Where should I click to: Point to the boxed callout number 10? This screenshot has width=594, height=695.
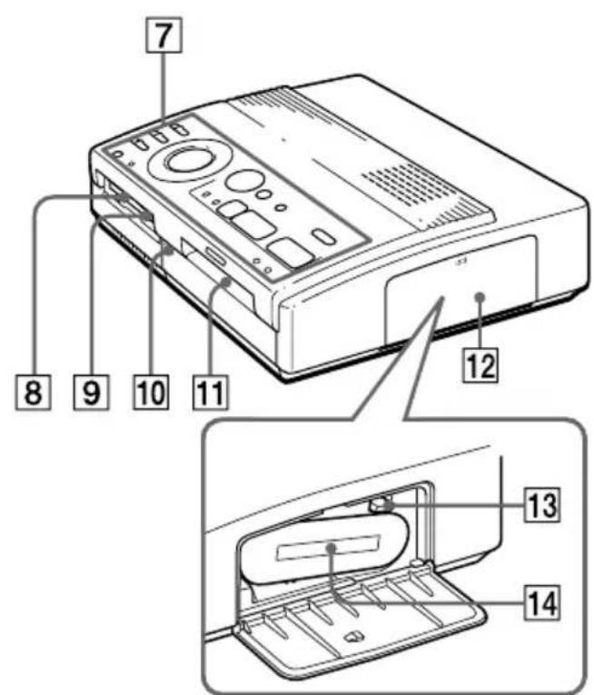pos(149,391)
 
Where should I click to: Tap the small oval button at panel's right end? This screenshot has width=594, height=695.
pos(322,238)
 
